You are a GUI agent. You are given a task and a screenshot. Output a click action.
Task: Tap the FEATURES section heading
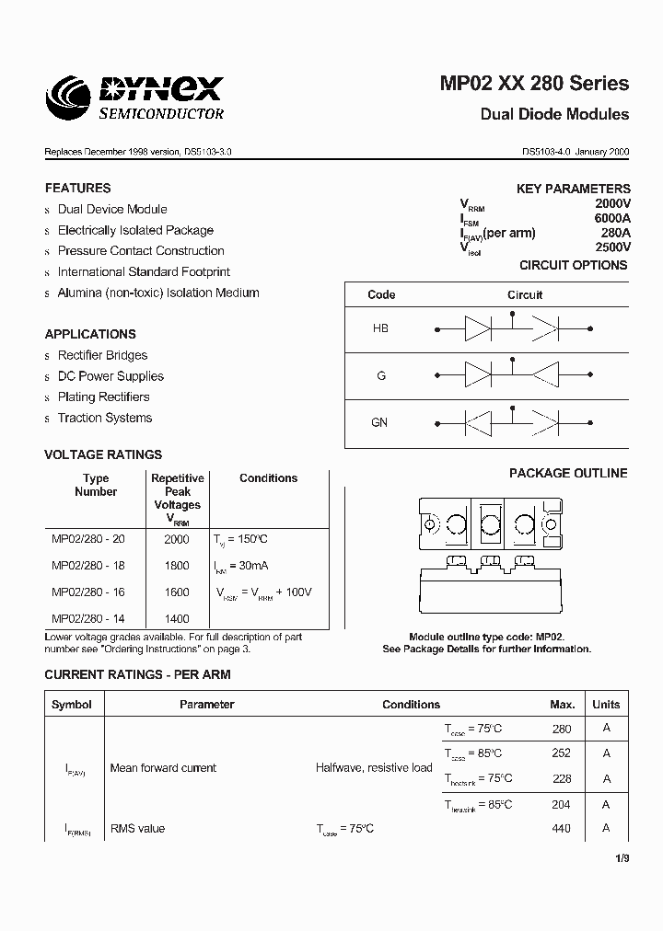(77, 188)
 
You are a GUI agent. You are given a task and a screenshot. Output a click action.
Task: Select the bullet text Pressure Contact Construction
(141, 251)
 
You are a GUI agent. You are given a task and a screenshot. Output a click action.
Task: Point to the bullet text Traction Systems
(105, 419)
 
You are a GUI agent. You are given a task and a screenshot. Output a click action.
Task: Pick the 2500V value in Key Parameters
(612, 247)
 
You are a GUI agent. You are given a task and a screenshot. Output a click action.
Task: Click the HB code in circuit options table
(380, 328)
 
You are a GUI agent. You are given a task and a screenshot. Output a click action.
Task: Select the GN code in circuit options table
(379, 422)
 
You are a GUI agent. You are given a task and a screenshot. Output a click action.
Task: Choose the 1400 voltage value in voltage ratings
(177, 620)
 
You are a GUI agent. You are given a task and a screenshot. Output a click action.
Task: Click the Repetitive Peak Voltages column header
(177, 498)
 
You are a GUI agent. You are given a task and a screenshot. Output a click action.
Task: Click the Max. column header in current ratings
(562, 705)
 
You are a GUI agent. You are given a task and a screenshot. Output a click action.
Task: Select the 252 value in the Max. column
(561, 753)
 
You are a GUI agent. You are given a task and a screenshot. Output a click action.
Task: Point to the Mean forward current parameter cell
(163, 768)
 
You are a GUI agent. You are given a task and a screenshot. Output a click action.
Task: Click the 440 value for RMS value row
(561, 829)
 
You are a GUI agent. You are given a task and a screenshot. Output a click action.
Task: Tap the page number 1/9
(622, 858)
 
